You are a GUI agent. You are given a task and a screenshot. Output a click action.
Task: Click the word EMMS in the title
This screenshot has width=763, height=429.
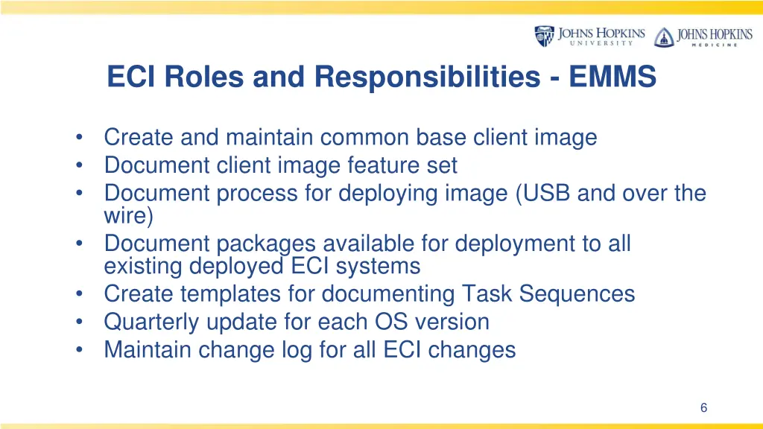(612, 77)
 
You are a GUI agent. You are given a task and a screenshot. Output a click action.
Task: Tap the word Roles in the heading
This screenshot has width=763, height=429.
(194, 77)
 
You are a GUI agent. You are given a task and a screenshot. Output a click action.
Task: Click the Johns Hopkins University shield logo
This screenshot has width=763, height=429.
(545, 36)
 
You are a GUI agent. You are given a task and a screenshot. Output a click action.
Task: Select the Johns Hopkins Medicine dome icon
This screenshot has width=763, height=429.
(662, 36)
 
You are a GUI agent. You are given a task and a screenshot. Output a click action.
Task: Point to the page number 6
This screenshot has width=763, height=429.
(703, 407)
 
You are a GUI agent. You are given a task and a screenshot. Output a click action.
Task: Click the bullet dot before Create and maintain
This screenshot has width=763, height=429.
(79, 138)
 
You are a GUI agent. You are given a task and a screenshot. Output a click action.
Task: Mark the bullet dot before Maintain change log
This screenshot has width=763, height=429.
(79, 350)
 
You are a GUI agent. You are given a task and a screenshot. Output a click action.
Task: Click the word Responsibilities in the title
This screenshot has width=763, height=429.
(424, 77)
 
